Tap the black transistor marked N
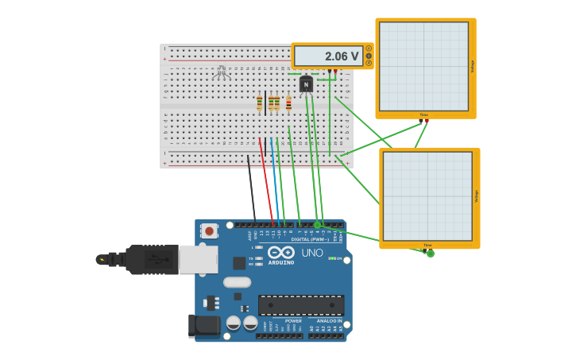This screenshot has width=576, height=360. point(306,84)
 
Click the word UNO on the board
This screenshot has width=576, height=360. point(312,253)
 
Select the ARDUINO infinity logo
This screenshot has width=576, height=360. point(281,252)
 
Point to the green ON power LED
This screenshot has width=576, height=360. point(331,258)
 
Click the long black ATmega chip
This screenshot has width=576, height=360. point(301,305)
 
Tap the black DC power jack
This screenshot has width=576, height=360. point(204,325)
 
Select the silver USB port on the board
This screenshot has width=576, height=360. point(199,259)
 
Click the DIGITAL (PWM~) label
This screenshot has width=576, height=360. point(311,238)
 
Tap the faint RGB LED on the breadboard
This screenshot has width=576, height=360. point(222,73)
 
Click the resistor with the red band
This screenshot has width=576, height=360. point(288,103)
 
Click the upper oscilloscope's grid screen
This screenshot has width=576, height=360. point(424,66)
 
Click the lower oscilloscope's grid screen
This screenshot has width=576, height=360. point(428,196)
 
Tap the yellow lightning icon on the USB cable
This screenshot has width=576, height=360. point(102,259)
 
